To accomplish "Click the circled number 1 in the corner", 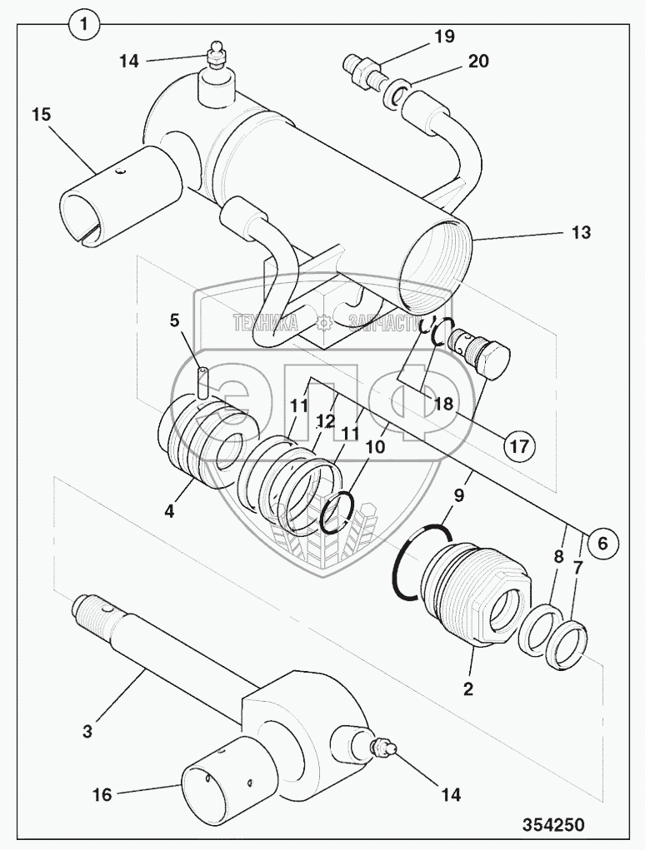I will (x=83, y=26).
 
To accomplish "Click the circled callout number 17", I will (x=518, y=446).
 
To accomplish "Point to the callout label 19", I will (x=443, y=36).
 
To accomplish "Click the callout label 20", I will (x=477, y=62).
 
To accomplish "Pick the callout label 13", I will (x=581, y=233).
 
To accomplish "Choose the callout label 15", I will (x=42, y=114).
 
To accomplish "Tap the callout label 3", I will (x=88, y=733).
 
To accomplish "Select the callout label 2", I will (x=468, y=688).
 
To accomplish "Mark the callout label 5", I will (x=175, y=320).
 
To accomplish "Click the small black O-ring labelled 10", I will (x=339, y=513).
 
